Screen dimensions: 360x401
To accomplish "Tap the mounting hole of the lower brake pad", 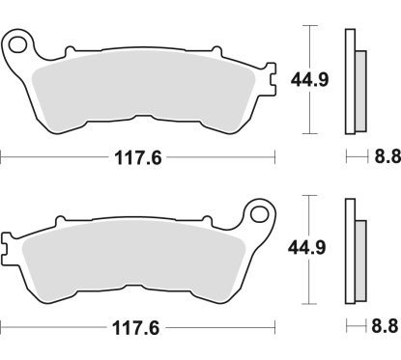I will (x=257, y=211).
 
